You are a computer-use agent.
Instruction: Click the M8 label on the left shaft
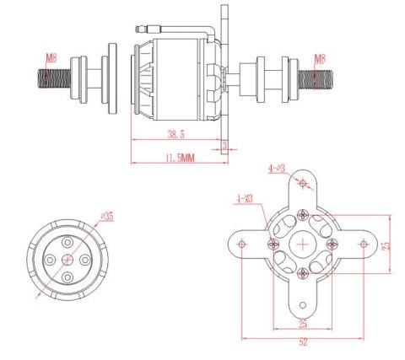[51, 58]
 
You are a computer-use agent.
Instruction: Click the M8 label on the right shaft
[320, 58]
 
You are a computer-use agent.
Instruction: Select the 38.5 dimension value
[176, 133]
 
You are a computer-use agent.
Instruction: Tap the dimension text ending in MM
[179, 158]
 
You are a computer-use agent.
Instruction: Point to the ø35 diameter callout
[106, 216]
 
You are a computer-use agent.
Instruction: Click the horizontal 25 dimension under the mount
[302, 323]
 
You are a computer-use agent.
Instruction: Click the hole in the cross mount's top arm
[303, 182]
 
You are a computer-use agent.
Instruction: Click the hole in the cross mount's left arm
[243, 244]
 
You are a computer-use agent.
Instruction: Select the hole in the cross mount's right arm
[364, 244]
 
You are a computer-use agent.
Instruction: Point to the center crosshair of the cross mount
[303, 244]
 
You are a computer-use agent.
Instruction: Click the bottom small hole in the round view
[67, 276]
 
